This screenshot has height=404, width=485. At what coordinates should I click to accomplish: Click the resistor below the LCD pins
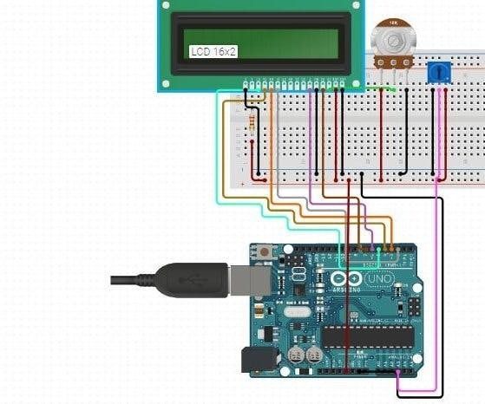[x=252, y=121]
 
